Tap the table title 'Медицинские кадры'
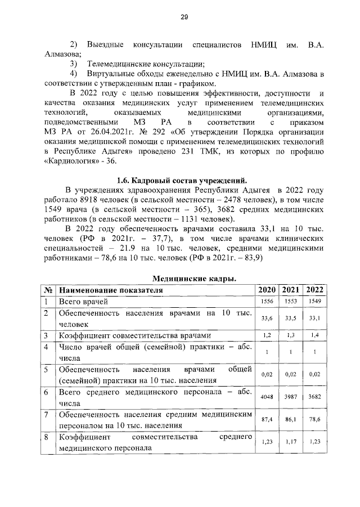[194, 279]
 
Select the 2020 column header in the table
[267, 290]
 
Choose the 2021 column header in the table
[291, 290]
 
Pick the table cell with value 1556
[267, 303]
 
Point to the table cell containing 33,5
[291, 318]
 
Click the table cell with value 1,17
[291, 442]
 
